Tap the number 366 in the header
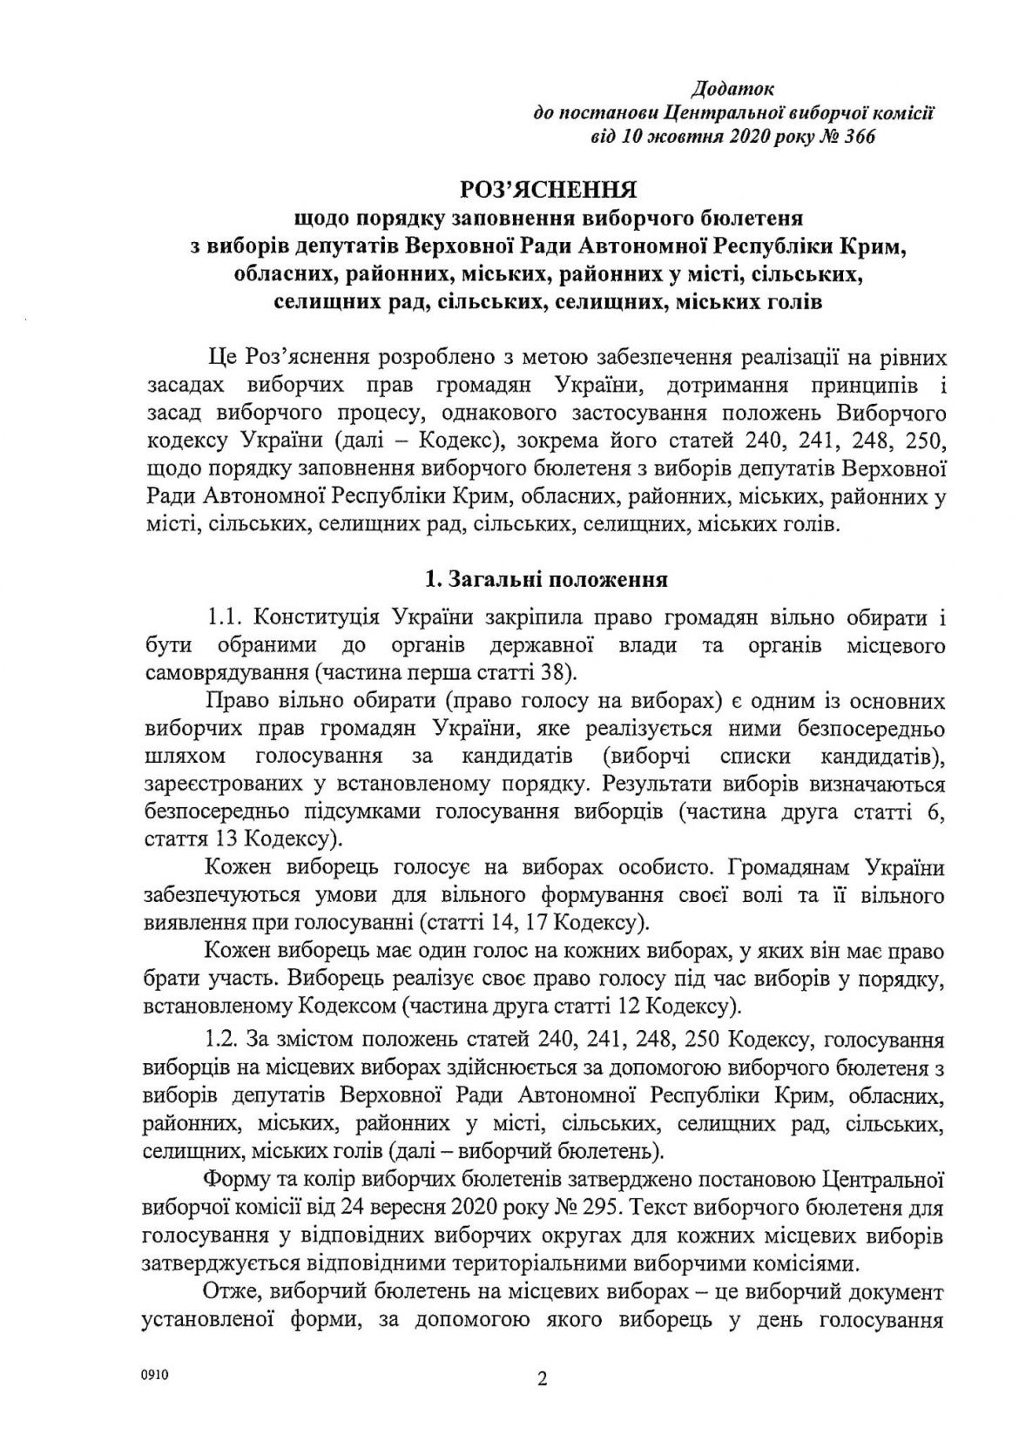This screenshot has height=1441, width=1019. coord(857,137)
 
